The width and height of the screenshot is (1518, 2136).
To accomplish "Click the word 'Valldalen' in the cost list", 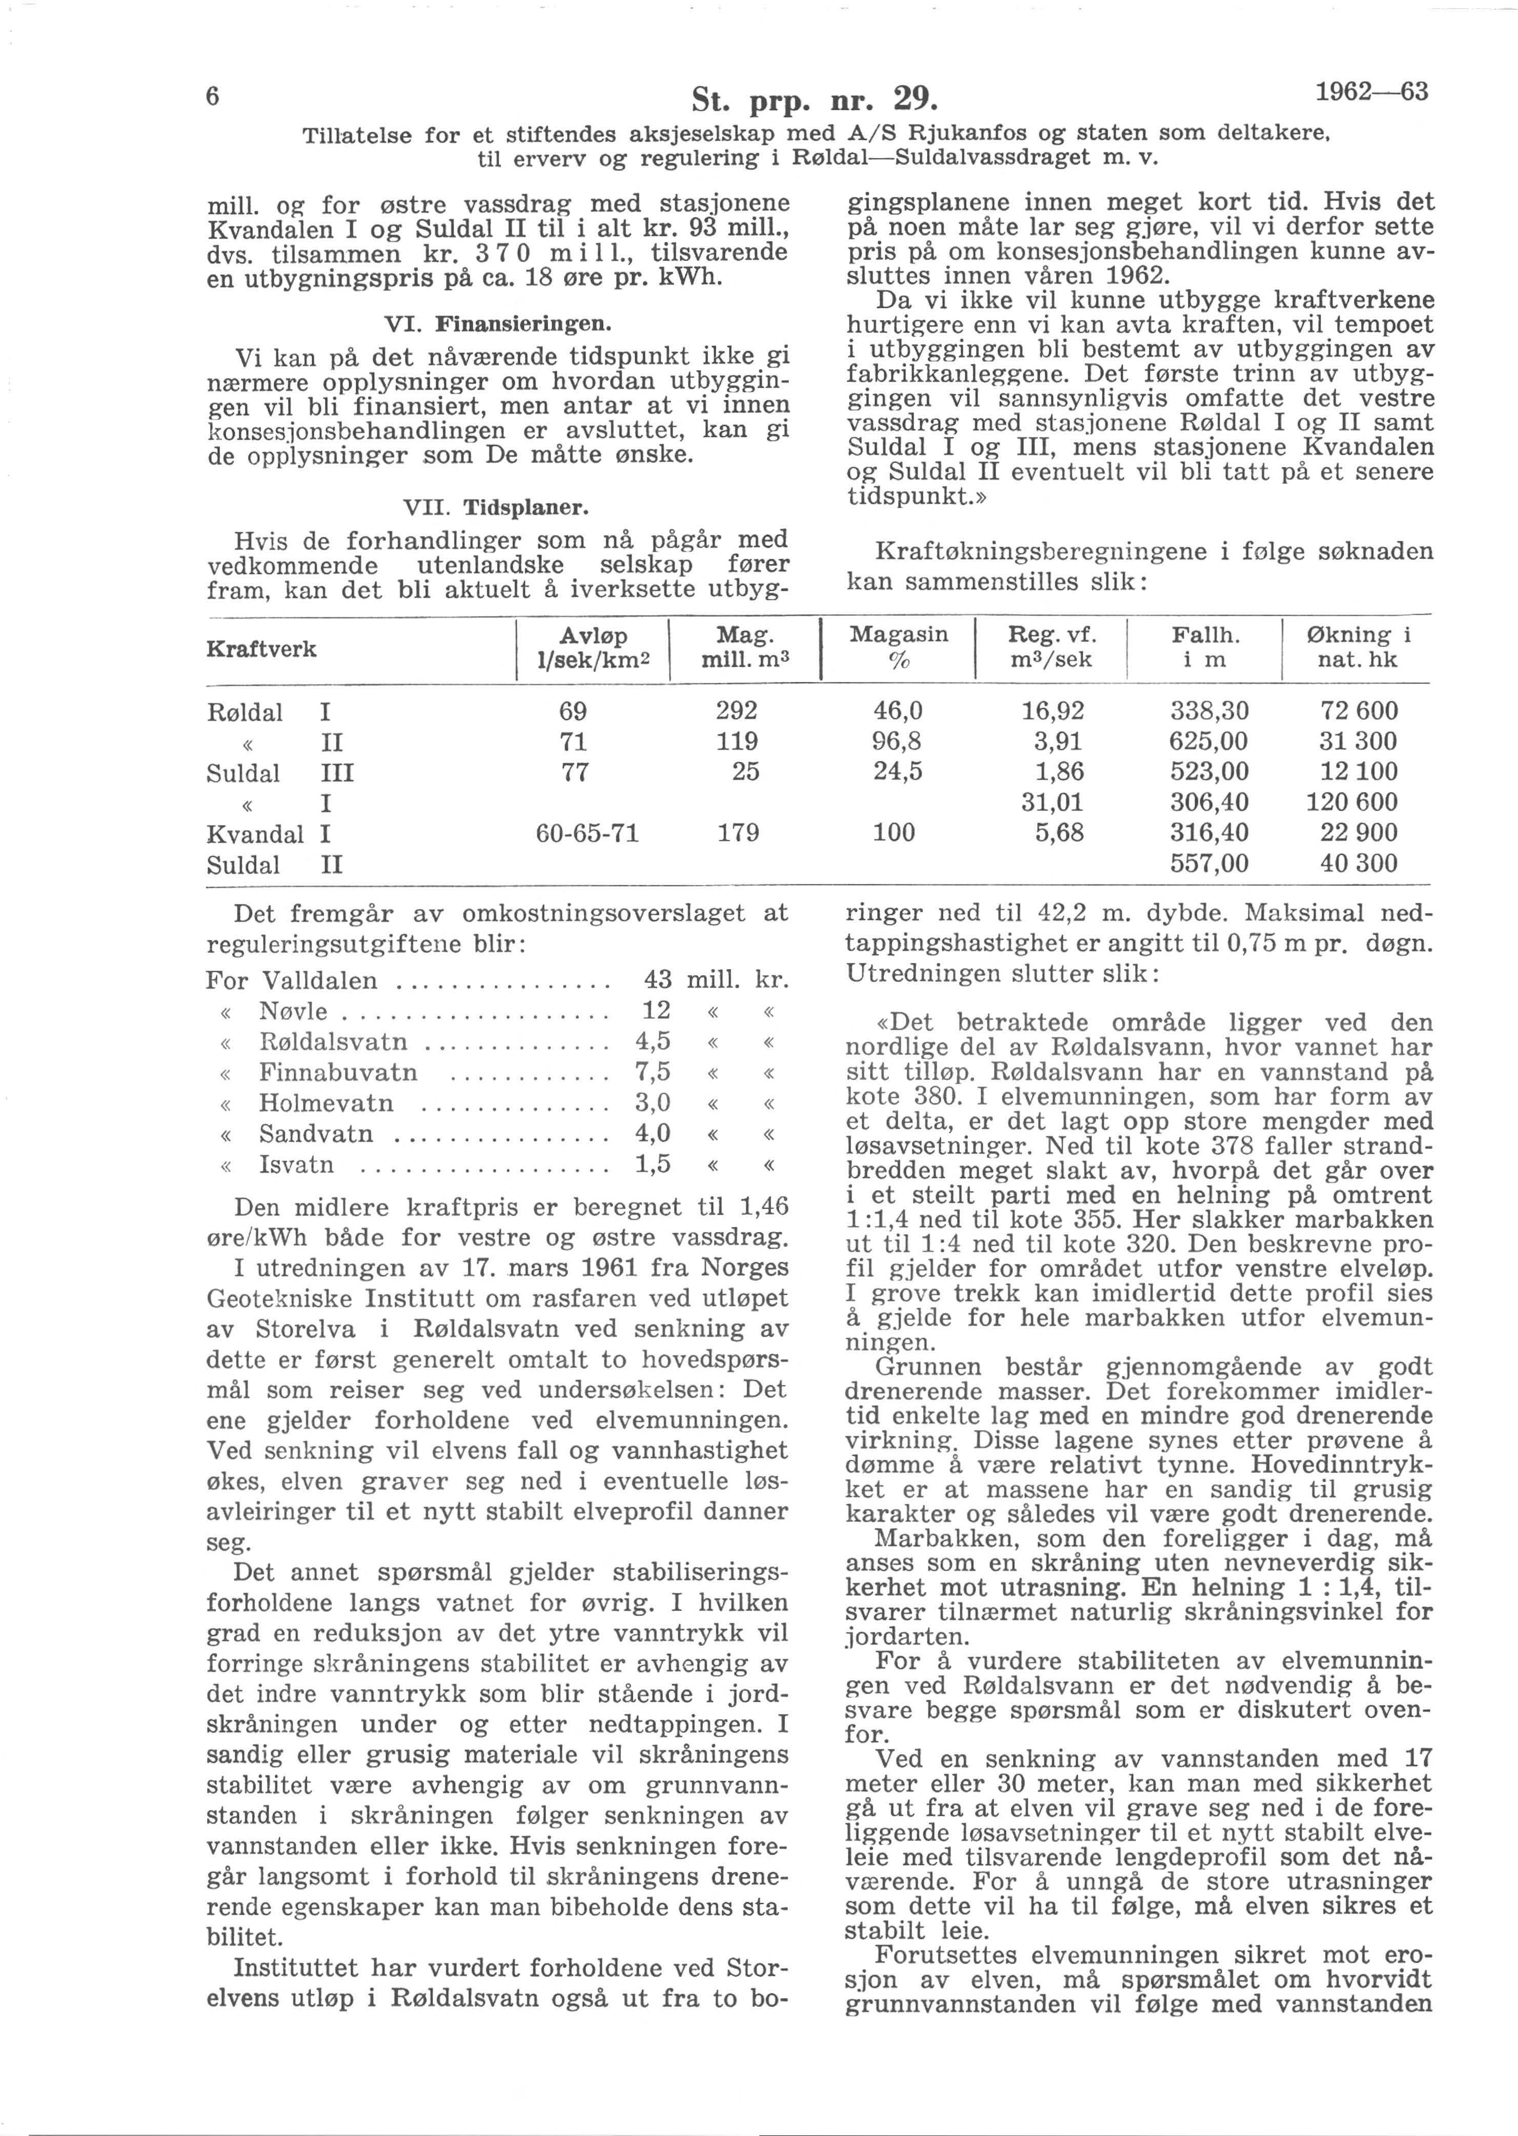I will click(x=320, y=981).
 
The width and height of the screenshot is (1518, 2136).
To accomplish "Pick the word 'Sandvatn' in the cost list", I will click(x=316, y=1134).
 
